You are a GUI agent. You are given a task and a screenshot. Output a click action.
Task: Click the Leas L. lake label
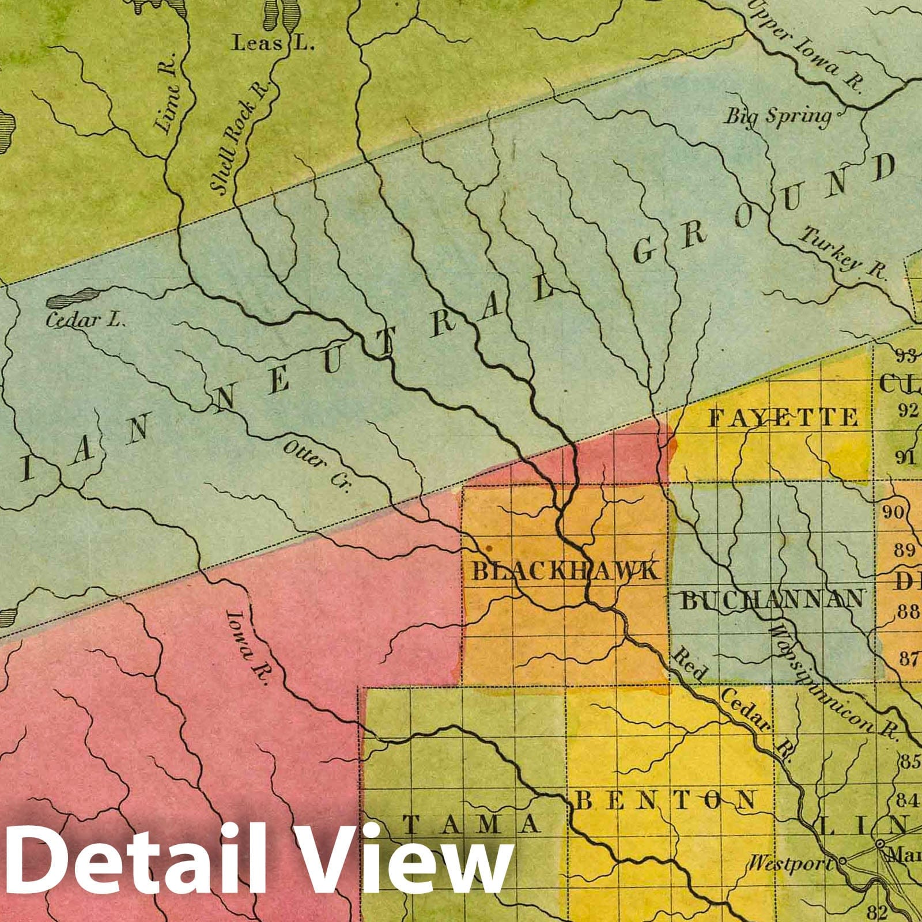(x=273, y=43)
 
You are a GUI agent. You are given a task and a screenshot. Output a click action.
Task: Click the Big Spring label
(x=777, y=117)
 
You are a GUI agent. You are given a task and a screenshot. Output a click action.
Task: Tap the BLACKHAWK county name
(x=564, y=571)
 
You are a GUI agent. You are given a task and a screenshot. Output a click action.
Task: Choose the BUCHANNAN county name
(x=773, y=600)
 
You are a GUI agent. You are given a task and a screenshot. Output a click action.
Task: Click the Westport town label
(x=791, y=864)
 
